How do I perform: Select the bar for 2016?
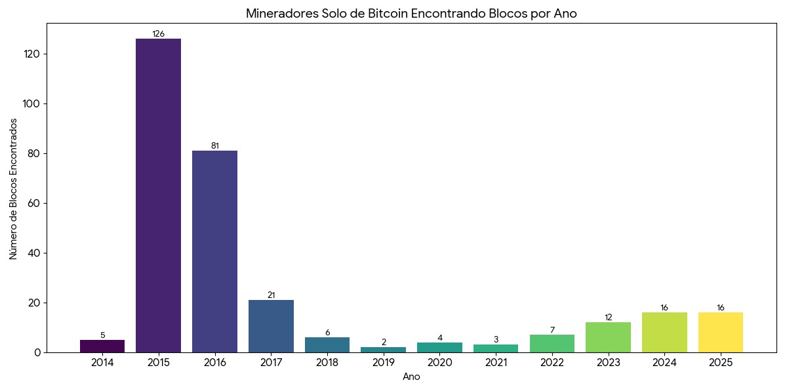pos(214,251)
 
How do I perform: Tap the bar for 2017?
pos(271,326)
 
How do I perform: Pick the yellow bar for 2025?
pos(721,332)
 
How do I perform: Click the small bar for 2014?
pos(102,346)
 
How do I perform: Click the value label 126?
pos(158,34)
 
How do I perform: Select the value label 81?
pos(214,146)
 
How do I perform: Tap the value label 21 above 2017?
pos(271,295)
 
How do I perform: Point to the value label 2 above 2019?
pos(384,343)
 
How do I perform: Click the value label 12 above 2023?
pos(608,318)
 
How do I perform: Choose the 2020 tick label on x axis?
pos(439,362)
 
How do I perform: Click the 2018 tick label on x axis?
pos(327,362)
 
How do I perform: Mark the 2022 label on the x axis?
pos(552,362)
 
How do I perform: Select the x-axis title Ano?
pos(411,377)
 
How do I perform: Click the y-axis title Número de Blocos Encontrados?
pos(14,189)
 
